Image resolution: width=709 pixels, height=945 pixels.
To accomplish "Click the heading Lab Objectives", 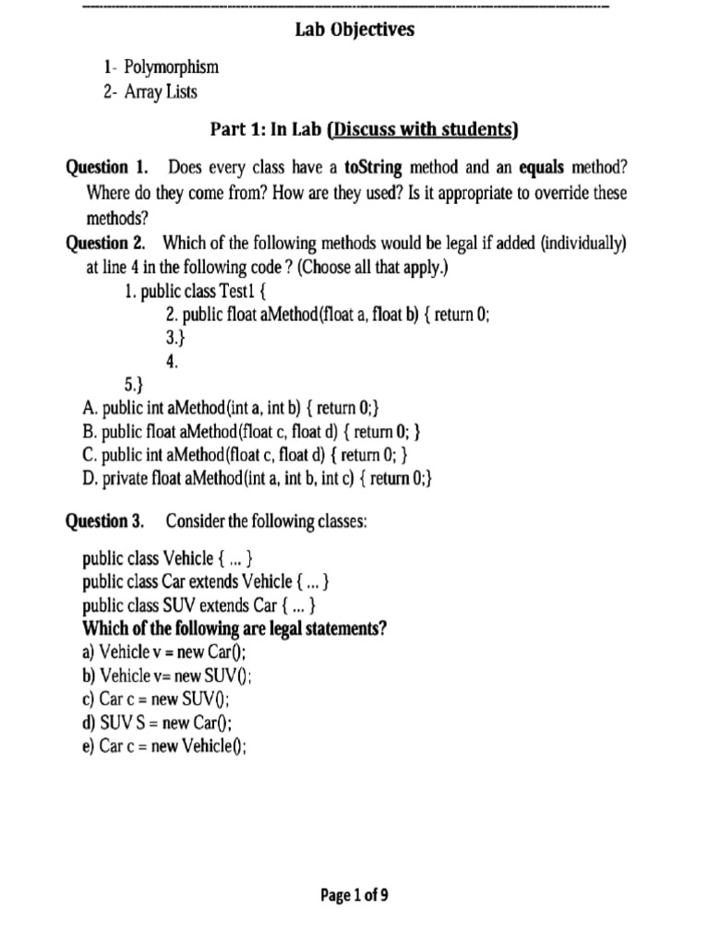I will coord(354,30).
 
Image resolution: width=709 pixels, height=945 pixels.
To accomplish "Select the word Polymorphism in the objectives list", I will coord(170,67).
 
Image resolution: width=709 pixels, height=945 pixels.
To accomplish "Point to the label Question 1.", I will coord(107,167).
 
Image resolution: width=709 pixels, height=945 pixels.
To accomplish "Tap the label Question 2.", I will coord(107,244).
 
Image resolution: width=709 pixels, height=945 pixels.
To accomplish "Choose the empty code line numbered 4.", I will coord(172,363).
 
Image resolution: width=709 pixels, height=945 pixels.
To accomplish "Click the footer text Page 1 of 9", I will coord(354,894).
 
